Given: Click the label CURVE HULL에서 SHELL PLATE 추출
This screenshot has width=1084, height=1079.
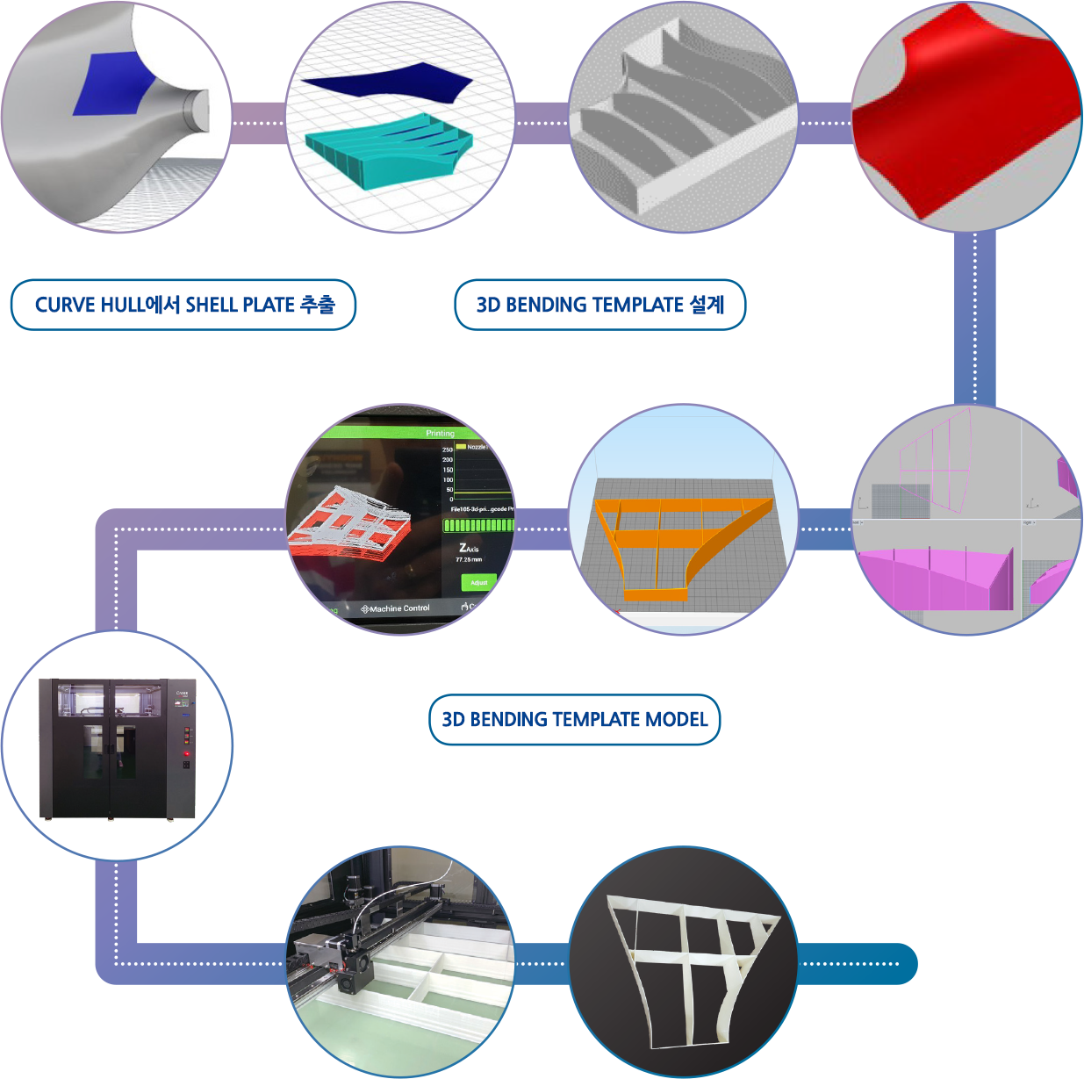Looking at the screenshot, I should coord(183,305).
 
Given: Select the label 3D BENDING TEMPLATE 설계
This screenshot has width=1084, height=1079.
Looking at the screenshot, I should coord(599,305).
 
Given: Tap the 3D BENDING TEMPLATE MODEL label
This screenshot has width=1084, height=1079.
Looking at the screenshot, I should coord(574,720).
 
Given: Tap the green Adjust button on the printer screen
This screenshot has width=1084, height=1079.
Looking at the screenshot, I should coord(478,582).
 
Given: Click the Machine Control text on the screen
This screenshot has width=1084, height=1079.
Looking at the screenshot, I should coord(396,608).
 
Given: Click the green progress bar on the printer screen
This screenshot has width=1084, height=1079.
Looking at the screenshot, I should coord(478,525).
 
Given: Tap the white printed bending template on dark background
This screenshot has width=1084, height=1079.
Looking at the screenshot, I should coord(693,966).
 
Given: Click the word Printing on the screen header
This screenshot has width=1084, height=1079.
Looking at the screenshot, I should coord(440,433).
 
